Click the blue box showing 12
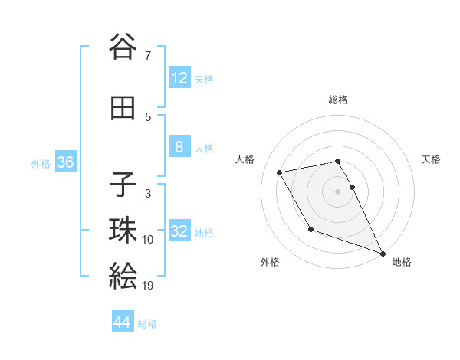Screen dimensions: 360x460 coord(179,77)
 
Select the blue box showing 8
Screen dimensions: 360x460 coord(179,146)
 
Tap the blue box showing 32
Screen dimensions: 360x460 coord(179,231)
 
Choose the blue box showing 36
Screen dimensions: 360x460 coord(65,162)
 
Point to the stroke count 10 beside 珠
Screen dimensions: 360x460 coord(147,240)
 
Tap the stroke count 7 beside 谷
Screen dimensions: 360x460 coord(147,56)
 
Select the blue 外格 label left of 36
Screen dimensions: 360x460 coord(41,163)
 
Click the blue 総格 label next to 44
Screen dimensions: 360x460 coord(147,324)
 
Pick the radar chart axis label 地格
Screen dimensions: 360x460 coord(402,262)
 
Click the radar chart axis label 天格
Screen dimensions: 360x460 coord(431,159)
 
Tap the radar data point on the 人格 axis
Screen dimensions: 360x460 coord(280,172)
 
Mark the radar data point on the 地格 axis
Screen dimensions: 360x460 coord(383,253)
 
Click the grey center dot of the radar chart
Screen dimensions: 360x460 coord(337,191)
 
